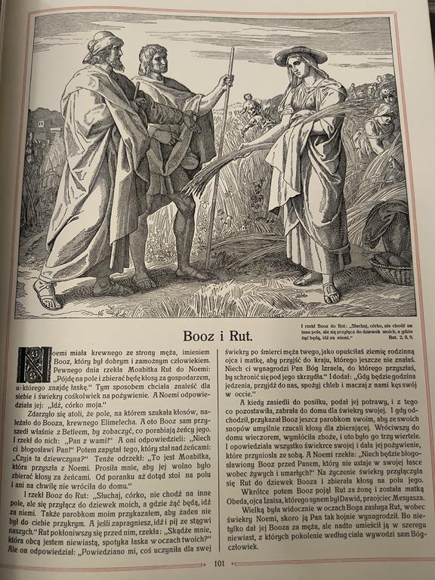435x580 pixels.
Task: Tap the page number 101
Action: pos(219,563)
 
